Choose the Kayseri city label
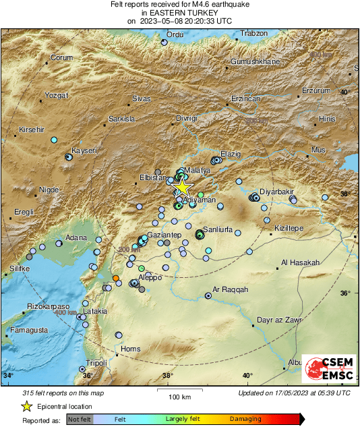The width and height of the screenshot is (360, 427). click(x=85, y=150)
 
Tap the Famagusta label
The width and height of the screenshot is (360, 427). click(x=28, y=330)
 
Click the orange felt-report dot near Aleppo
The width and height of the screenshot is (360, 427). click(x=116, y=278)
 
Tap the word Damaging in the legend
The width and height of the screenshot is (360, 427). click(x=246, y=419)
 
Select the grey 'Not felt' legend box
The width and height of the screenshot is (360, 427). click(x=79, y=419)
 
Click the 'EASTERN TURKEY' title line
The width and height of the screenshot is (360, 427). click(x=180, y=13)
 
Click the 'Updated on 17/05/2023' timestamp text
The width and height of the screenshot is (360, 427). click(x=294, y=393)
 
